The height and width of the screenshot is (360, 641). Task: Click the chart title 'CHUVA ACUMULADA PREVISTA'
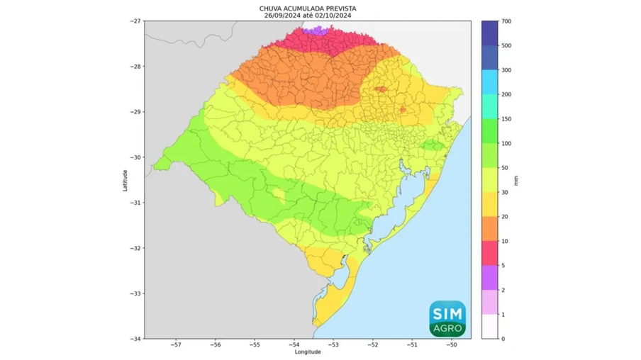[307, 8]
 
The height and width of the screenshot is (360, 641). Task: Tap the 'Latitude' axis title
[125, 179]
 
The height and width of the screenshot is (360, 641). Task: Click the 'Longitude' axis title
[307, 351]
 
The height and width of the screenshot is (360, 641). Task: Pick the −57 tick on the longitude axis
[175, 345]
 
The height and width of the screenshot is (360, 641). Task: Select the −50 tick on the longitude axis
[452, 345]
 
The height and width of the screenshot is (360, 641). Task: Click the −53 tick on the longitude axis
[333, 345]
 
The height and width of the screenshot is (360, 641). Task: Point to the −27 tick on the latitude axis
[134, 21]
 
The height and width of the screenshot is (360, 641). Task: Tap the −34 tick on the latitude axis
[134, 339]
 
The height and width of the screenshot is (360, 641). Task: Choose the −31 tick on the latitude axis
[134, 203]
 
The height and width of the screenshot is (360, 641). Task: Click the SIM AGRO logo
[447, 317]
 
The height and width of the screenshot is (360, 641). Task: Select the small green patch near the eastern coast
[432, 145]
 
